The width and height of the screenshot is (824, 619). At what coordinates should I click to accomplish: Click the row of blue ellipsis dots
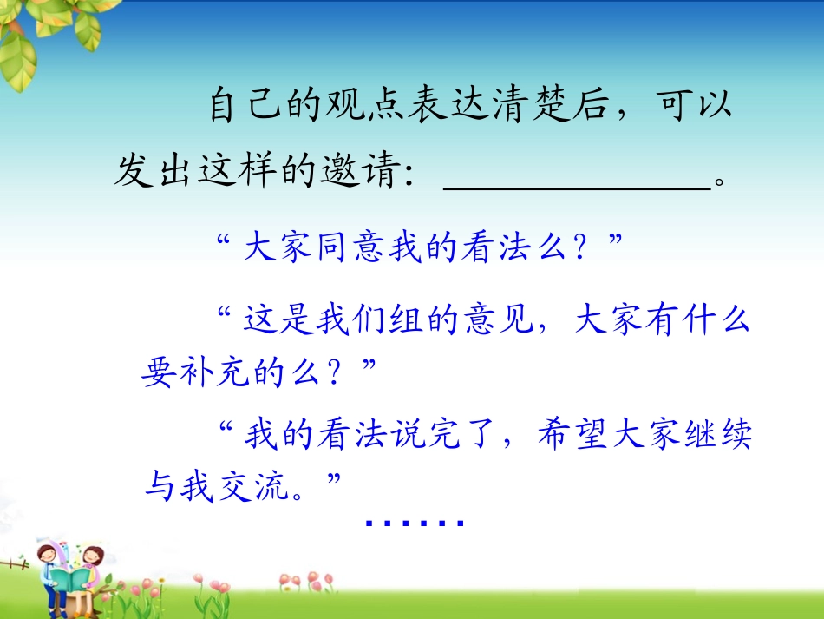[x=415, y=524]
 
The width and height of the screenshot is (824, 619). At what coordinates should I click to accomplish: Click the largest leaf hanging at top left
[x=17, y=65]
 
